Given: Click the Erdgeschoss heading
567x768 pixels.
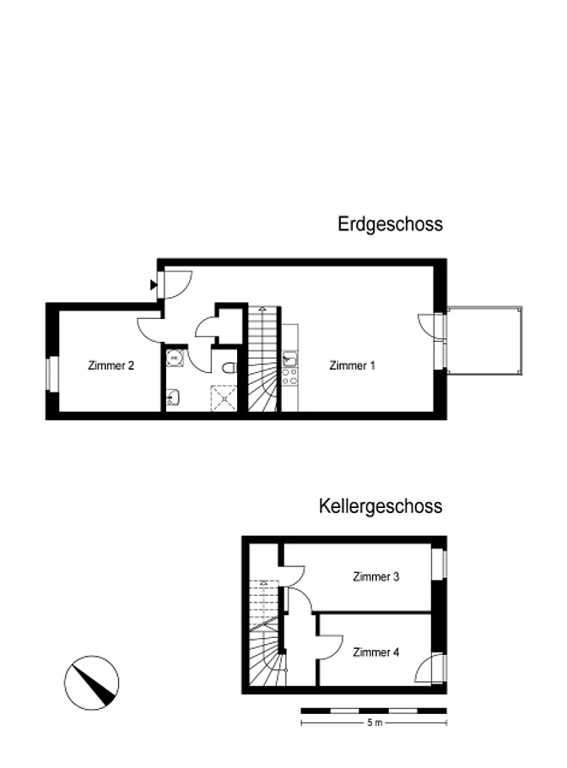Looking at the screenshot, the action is [391, 224].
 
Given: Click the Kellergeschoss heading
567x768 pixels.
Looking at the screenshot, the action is [381, 506].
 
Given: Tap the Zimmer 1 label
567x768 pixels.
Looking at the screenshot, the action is [352, 365].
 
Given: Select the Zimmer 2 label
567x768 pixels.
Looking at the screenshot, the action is [111, 365].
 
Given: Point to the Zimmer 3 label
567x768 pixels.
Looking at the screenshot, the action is [376, 576].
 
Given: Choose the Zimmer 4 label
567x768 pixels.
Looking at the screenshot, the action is [376, 652].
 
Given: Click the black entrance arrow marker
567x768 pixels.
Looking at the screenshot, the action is [154, 284].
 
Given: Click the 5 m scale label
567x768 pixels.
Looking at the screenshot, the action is [375, 722].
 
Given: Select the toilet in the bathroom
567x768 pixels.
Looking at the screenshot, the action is [229, 367].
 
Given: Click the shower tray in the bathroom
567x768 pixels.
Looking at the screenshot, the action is [224, 398].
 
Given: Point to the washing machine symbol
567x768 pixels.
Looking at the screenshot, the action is [175, 358].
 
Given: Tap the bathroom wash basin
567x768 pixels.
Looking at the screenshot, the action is [172, 398].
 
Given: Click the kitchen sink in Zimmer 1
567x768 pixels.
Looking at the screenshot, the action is [290, 359].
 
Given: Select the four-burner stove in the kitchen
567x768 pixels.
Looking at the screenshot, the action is [290, 376].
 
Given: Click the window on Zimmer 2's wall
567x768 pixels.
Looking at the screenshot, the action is [52, 374].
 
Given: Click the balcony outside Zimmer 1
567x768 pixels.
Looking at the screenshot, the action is [485, 341].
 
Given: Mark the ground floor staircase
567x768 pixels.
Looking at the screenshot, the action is [263, 359].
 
